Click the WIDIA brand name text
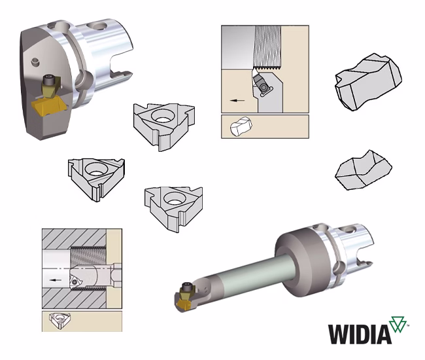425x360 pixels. (360, 334)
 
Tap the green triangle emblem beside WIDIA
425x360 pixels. (398, 324)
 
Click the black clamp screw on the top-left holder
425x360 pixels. (49, 80)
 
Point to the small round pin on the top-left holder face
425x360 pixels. (35, 62)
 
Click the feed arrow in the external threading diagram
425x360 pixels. (237, 100)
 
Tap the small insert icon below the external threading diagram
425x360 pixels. (241, 126)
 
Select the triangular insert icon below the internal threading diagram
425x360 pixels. (59, 320)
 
